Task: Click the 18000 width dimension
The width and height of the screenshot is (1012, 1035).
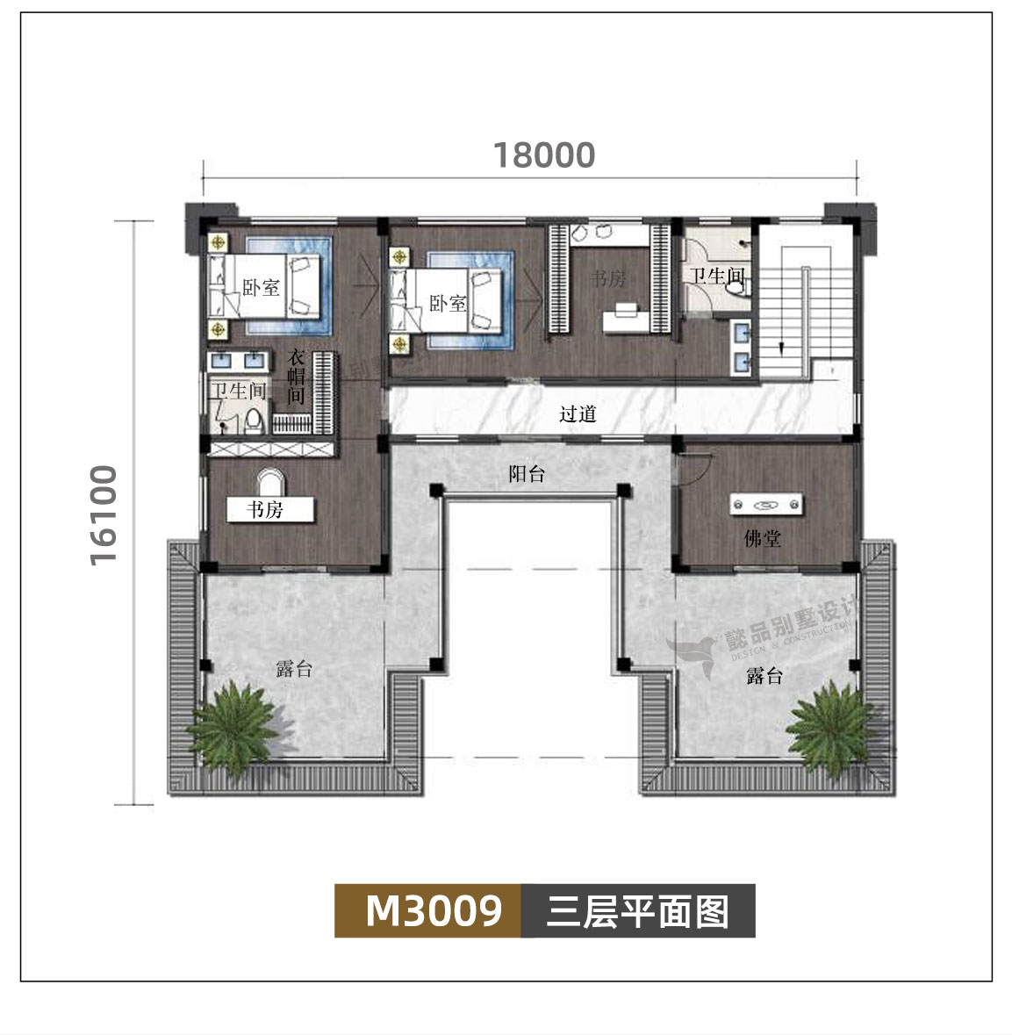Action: [x=544, y=155]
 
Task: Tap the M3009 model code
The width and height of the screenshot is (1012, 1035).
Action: [x=434, y=910]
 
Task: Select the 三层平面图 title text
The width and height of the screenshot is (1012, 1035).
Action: [x=638, y=911]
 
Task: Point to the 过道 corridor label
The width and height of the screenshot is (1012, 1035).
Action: [x=578, y=413]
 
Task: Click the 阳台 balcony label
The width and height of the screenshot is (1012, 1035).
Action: [x=527, y=474]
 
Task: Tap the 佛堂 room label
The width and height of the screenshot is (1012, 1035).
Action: [x=762, y=538]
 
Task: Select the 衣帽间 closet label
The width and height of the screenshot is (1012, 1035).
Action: [x=298, y=377]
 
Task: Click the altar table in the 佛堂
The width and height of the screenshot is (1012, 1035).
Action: [x=766, y=505]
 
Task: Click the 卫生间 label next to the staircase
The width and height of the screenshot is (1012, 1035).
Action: [x=716, y=277]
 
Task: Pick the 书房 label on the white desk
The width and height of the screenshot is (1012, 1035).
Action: [x=265, y=510]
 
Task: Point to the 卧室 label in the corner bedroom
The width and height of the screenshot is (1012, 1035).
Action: [x=261, y=287]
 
